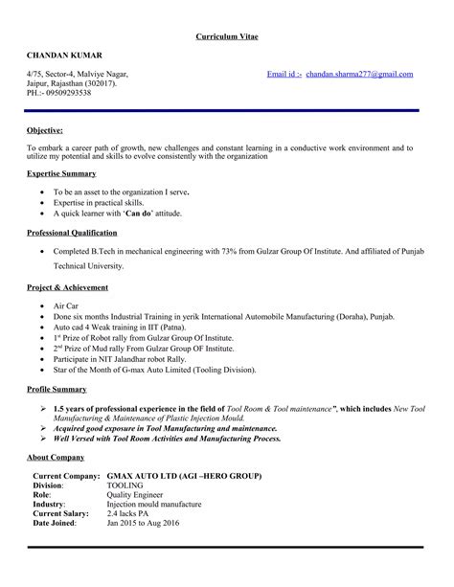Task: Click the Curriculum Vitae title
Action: point(227,35)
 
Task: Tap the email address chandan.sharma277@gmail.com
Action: point(360,74)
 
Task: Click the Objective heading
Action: point(45,128)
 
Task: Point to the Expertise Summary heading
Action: point(61,173)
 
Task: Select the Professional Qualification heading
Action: point(72,233)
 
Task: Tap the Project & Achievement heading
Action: point(67,287)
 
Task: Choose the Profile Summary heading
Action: point(57,390)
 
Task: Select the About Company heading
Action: point(55,458)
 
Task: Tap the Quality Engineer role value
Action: point(134,495)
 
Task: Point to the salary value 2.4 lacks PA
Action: point(131,513)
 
